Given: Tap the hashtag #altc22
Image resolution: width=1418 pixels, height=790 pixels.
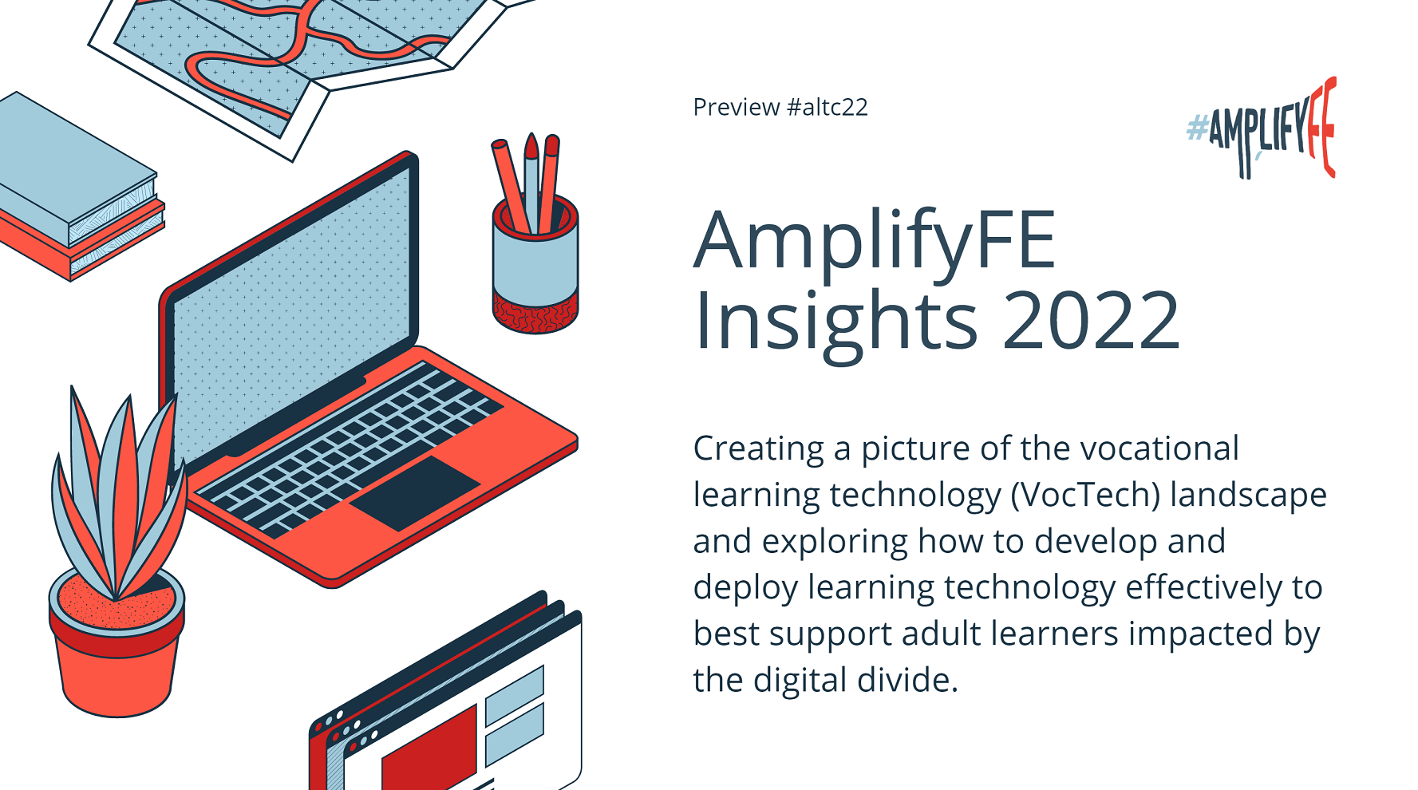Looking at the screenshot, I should [x=827, y=107].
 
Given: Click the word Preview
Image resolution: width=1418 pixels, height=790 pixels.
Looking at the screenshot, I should [x=736, y=107].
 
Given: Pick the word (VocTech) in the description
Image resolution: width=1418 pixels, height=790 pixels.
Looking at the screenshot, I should [x=1085, y=495].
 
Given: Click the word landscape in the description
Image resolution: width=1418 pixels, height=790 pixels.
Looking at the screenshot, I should [x=1248, y=495].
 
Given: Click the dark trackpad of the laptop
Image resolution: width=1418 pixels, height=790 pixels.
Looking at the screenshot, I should [x=415, y=492].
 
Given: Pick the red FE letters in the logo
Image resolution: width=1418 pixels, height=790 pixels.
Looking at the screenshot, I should [x=1323, y=128].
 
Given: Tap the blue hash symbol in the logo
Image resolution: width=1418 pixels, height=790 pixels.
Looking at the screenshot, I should [x=1196, y=128].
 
